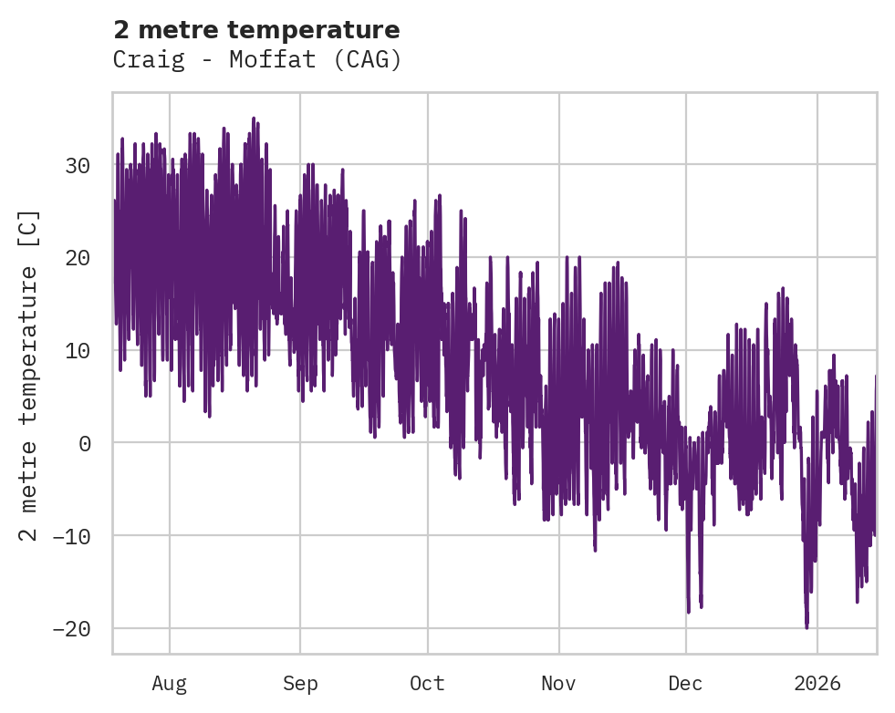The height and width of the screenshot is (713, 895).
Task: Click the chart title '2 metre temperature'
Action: (256, 30)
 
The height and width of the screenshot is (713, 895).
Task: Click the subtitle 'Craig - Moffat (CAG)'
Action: (256, 60)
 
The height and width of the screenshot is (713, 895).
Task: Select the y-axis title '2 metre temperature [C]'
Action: (29, 374)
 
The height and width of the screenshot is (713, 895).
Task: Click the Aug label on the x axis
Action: (169, 683)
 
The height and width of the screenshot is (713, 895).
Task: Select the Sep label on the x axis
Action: (299, 683)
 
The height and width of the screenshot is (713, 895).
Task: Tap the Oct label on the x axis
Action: (427, 683)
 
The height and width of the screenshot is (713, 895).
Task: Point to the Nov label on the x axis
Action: (558, 683)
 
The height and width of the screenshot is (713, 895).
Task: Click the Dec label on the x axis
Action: (685, 683)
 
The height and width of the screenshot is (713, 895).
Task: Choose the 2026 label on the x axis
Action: (817, 683)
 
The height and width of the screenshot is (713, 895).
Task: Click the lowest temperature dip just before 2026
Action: (807, 626)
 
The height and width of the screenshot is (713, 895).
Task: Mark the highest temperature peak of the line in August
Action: (254, 119)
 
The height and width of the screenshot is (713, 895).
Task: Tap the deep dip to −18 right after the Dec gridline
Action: (689, 612)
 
